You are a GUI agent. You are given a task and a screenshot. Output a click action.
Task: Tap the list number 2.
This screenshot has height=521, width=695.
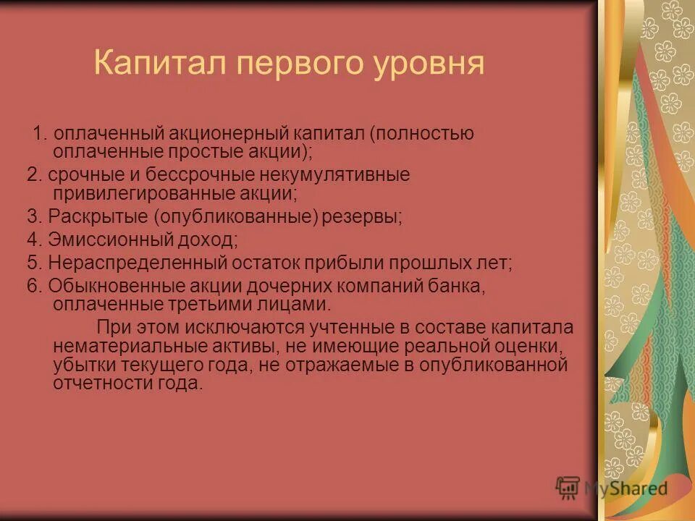34,175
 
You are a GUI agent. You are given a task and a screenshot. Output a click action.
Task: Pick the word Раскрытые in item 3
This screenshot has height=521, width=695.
95,216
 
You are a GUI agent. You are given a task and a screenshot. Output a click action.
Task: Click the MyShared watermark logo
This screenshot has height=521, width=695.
612,488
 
